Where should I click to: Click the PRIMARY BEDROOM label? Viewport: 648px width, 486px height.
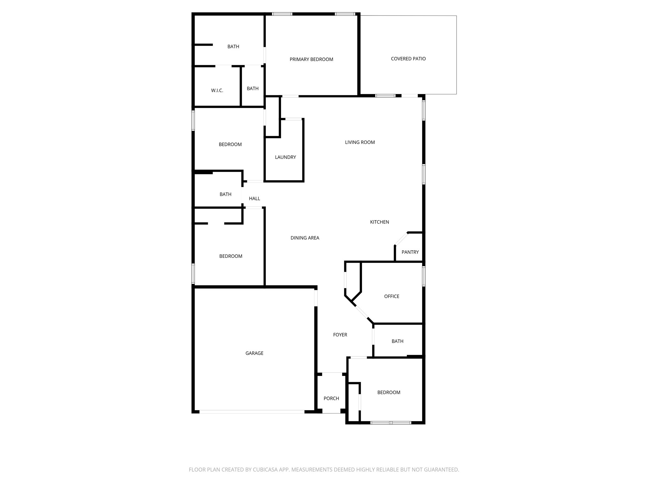[x=311, y=59]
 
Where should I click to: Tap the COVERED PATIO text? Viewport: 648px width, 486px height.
[x=408, y=59]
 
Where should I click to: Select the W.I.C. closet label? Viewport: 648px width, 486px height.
[x=217, y=90]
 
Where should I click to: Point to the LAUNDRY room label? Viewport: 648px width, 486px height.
[x=285, y=157]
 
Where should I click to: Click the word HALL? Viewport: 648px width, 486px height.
[x=254, y=199]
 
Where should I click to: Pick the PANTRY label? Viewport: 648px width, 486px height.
[x=410, y=252]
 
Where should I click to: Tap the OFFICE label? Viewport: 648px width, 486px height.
[x=391, y=296]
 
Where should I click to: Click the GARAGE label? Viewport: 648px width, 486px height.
[x=254, y=353]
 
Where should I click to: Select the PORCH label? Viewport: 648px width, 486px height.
[x=331, y=399]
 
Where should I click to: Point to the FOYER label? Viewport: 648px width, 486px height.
[x=340, y=335]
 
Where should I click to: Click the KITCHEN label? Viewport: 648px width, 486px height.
[x=379, y=222]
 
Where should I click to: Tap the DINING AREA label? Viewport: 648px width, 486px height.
[x=305, y=238]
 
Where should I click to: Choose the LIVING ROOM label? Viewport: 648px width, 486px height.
[x=360, y=142]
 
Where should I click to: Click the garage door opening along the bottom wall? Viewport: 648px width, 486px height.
[x=252, y=412]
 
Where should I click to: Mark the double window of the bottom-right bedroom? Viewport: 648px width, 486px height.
[x=391, y=423]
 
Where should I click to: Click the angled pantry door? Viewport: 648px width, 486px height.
[x=401, y=239]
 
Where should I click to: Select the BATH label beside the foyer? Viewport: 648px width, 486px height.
[x=397, y=341]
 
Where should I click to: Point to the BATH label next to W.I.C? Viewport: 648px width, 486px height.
[x=252, y=89]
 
